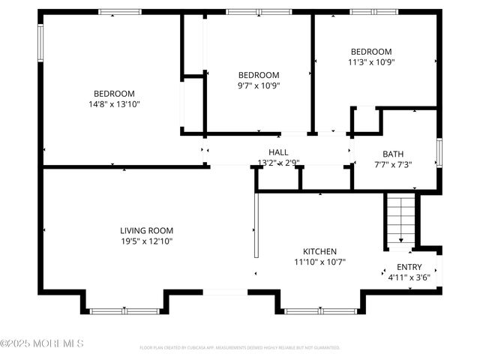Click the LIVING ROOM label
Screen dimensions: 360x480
point(147,230)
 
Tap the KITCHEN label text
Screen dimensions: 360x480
point(319,251)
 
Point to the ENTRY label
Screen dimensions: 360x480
point(409,267)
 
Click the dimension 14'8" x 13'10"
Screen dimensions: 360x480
point(114,104)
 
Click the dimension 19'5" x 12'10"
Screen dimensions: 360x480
point(147,241)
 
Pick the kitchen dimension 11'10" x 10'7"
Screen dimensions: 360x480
point(319,262)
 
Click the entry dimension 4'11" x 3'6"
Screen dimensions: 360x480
point(409,277)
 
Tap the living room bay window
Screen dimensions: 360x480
point(124,310)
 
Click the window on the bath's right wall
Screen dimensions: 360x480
point(440,152)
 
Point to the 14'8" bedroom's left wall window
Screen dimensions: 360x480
point(41,43)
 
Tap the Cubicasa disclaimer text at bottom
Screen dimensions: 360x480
point(240,348)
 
